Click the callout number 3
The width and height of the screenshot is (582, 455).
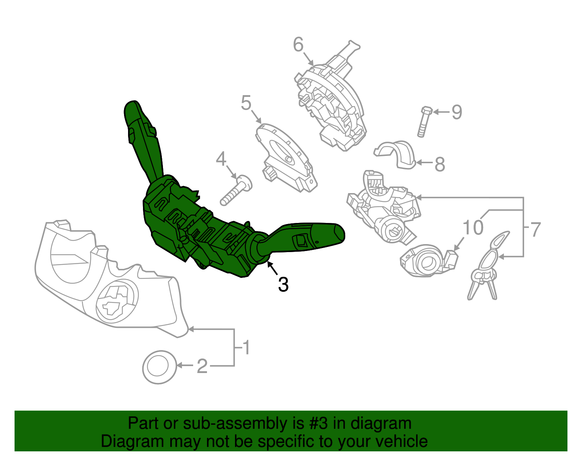pos(283,285)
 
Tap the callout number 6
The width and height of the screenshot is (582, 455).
pos(298,45)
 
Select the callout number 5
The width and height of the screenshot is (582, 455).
pos(246,103)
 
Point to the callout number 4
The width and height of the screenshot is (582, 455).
pos(221,159)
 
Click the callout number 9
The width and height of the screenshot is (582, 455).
pos(457,112)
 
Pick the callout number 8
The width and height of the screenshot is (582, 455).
pos(440,164)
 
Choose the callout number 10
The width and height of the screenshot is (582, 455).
pos(473,228)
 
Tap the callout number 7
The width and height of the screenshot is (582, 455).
pos(535,230)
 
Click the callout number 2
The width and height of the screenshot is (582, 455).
pos(202,366)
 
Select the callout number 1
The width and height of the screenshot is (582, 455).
pos(247,348)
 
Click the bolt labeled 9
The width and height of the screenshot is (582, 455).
pos(424,122)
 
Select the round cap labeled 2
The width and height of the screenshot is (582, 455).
pos(159,367)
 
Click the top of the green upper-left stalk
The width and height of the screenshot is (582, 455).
pos(131,108)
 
